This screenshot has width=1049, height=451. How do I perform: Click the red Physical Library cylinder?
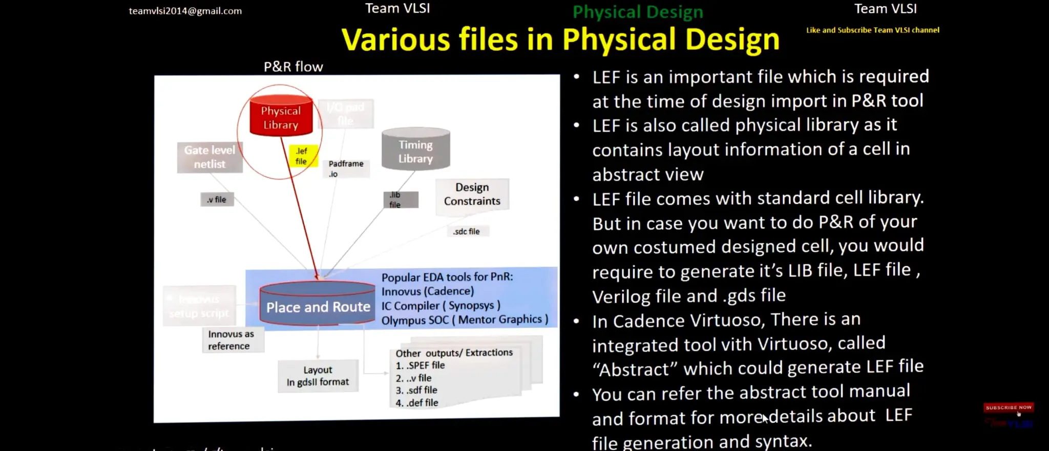(x=281, y=117)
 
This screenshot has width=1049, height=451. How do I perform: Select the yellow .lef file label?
(x=302, y=156)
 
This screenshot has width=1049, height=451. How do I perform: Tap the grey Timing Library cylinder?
(x=415, y=151)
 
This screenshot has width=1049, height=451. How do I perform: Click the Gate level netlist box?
(x=209, y=157)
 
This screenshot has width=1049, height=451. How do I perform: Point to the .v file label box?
(x=217, y=200)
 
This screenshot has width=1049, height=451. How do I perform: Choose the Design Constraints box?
(x=472, y=194)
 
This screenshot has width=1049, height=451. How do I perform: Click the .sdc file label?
(x=467, y=231)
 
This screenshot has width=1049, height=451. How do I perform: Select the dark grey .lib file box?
(x=400, y=200)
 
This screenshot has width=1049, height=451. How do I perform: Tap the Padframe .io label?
(x=346, y=168)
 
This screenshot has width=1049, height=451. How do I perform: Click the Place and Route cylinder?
(x=318, y=306)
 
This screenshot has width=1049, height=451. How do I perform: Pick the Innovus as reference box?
(x=232, y=340)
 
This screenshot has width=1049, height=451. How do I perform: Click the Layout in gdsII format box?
(x=318, y=376)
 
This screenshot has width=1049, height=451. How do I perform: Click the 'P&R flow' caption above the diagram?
(x=293, y=67)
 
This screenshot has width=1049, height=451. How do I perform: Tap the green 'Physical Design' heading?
(x=637, y=12)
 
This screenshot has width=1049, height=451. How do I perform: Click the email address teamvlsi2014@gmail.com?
(x=185, y=11)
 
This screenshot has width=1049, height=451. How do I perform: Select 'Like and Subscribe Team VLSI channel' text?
(x=872, y=30)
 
